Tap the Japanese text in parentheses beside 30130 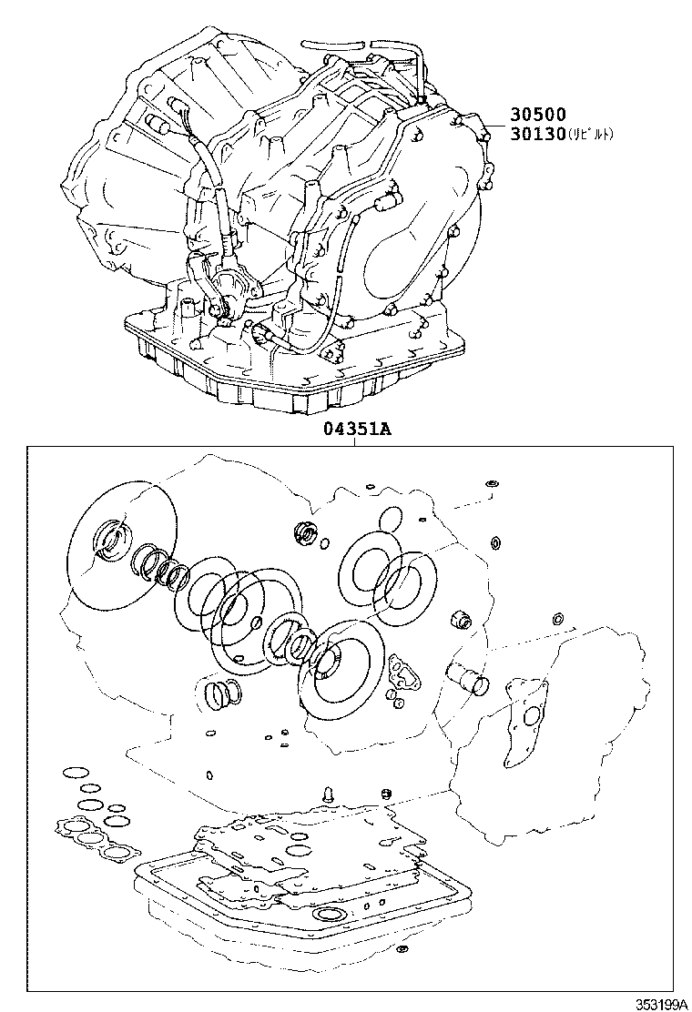point(591,134)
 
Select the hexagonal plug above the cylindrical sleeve point(462,621)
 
